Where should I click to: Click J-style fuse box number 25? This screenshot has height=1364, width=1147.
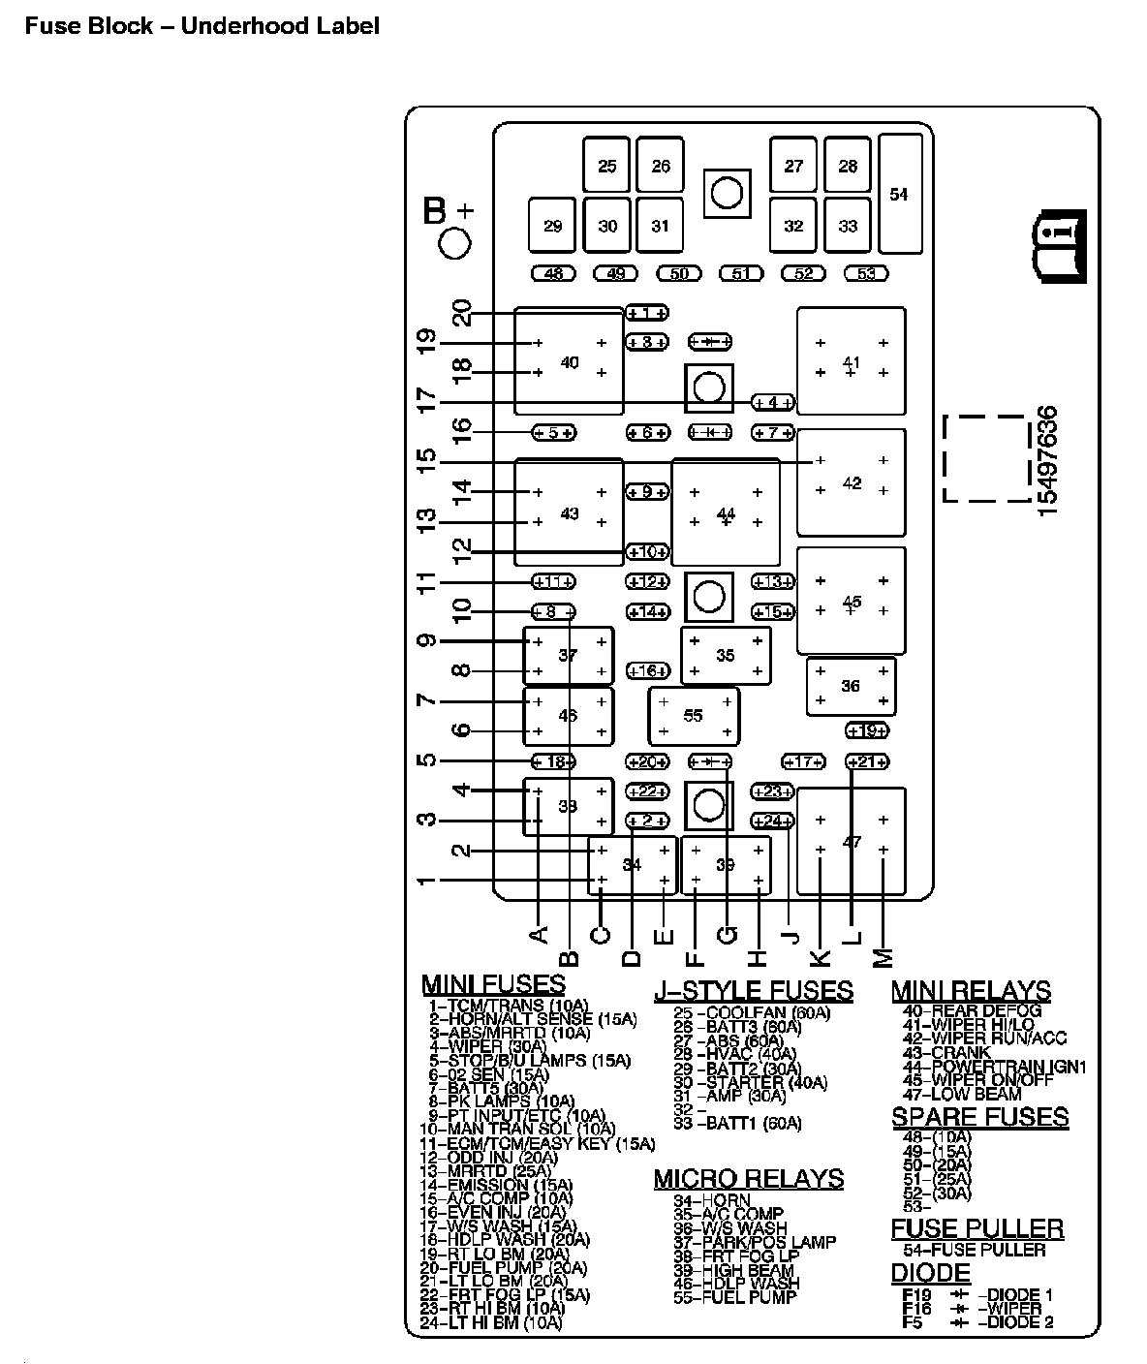click(x=606, y=166)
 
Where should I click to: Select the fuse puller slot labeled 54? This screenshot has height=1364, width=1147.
click(x=899, y=194)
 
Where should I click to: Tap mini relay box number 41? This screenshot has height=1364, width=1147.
click(x=851, y=361)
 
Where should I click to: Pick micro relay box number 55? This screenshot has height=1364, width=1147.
click(x=694, y=716)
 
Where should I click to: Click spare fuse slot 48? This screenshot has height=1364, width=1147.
click(x=553, y=273)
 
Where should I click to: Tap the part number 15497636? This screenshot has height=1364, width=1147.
click(x=1048, y=460)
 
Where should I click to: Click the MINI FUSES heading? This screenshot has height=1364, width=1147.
click(x=493, y=985)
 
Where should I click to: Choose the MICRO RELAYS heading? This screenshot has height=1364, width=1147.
click(x=748, y=1178)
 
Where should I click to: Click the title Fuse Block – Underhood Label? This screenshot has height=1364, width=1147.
click(x=201, y=26)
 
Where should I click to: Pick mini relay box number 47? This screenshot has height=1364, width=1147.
click(x=851, y=841)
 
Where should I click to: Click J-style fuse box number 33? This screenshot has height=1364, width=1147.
click(x=848, y=226)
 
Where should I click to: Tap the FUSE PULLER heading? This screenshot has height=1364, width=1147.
click(x=976, y=1228)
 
